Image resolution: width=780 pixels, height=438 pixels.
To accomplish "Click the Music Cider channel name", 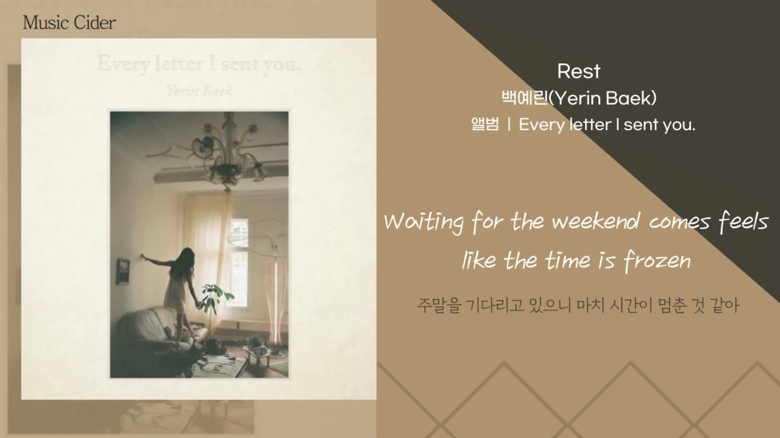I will point(69,23).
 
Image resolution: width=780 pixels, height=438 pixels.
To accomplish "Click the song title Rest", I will point(578,71).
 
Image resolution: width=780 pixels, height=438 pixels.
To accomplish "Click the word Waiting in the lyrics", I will point(424,223).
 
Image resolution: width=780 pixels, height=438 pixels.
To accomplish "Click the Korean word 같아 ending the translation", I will point(725,305).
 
